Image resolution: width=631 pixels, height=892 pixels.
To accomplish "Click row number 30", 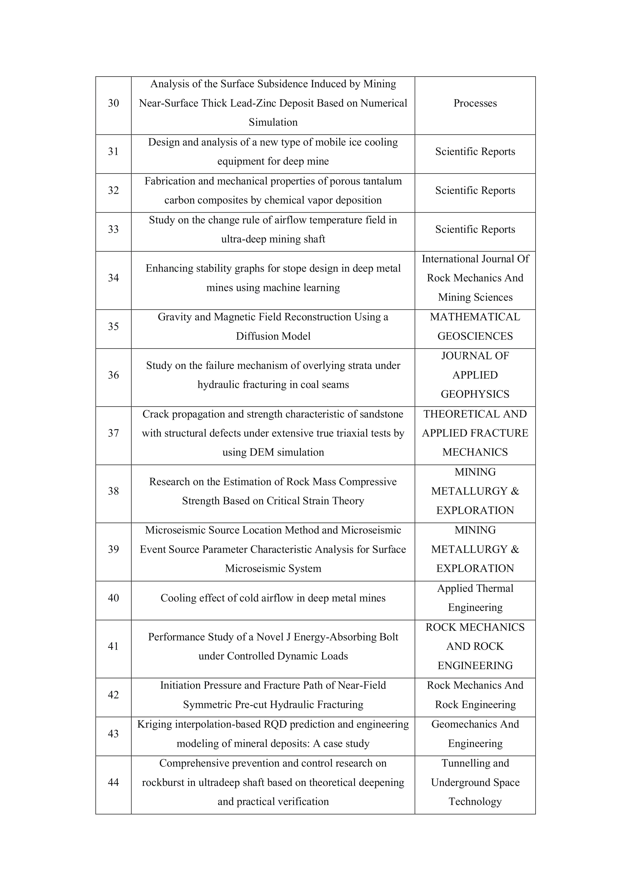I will pyautogui.click(x=113, y=103).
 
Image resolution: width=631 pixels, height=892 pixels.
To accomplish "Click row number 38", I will pyautogui.click(x=113, y=491).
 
